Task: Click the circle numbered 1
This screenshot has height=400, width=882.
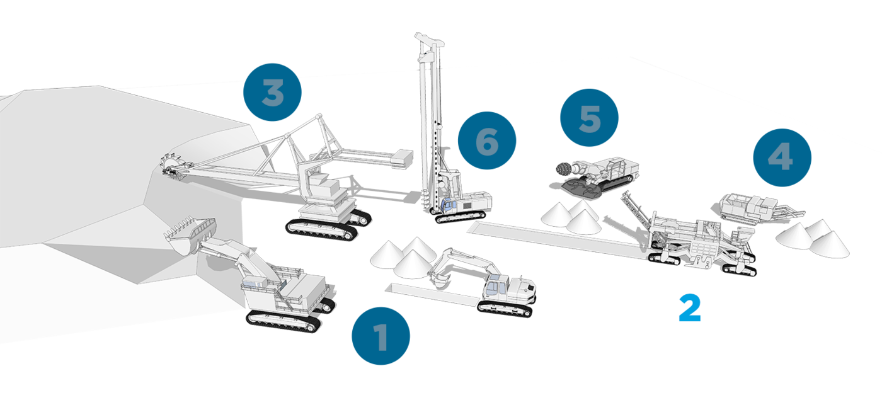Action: tap(381, 336)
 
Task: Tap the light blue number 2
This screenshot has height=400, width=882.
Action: tap(690, 308)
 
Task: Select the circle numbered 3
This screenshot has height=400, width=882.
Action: tap(272, 92)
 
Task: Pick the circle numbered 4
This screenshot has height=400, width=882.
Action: tap(782, 157)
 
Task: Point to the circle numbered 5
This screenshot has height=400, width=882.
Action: tap(589, 118)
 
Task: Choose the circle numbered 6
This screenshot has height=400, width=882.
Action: tap(486, 140)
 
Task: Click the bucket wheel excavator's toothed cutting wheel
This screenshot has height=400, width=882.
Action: tap(173, 167)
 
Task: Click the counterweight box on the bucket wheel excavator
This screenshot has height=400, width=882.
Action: tap(402, 158)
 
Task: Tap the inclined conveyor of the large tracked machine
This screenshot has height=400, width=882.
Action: tap(636, 209)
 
